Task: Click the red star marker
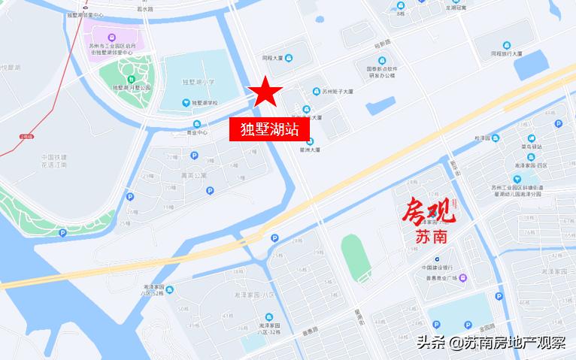pyautogui.click(x=265, y=92)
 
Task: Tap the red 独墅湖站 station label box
pyautogui.click(x=269, y=129)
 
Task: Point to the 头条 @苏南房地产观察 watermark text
pyautogui.click(x=491, y=343)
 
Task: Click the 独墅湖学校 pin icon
pyautogui.click(x=186, y=103)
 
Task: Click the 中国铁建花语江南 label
pyautogui.click(x=54, y=160)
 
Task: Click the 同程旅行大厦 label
pyautogui.click(x=512, y=53)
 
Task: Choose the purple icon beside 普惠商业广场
pyautogui.click(x=463, y=278)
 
